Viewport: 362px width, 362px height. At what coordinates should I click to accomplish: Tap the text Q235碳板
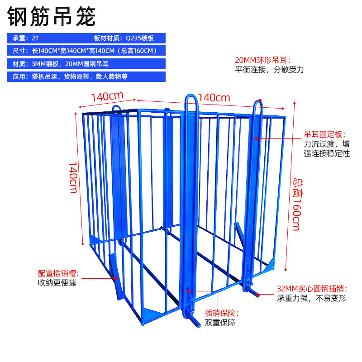click(x=143, y=38)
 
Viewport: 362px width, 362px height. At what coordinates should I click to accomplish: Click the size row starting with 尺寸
click(x=86, y=51)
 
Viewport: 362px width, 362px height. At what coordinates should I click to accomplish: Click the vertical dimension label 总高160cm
click(x=296, y=204)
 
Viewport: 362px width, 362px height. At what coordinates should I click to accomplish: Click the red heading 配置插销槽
click(x=58, y=273)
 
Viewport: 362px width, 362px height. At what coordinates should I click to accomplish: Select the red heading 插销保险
click(x=222, y=313)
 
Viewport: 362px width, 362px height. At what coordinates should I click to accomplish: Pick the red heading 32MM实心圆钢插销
click(x=312, y=288)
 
